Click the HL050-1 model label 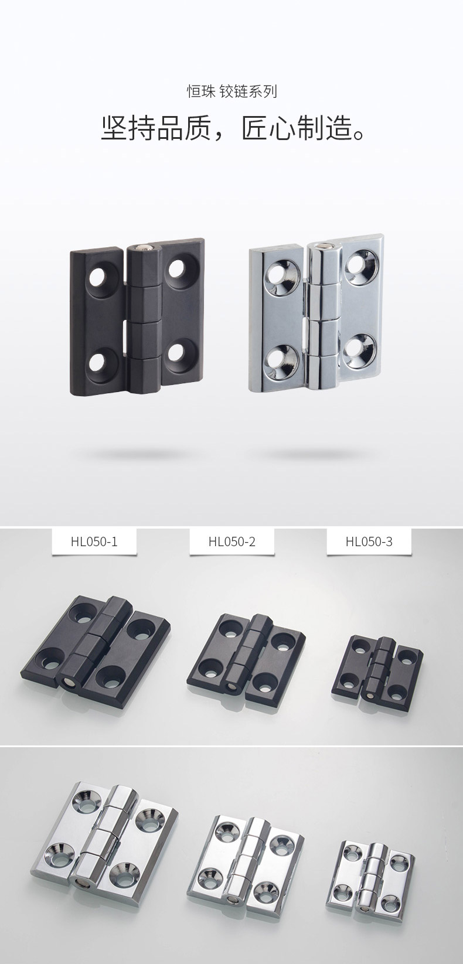tap(94, 541)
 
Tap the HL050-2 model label tap(232, 541)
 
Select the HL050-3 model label tap(369, 541)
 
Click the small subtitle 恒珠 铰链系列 tap(231, 91)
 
